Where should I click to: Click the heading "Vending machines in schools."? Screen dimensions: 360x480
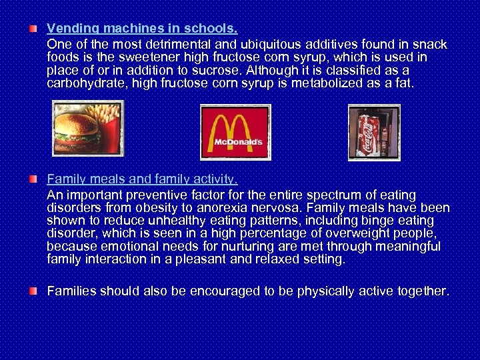click(142, 29)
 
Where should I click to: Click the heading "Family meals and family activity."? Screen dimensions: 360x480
click(142, 179)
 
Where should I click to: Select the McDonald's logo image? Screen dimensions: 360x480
click(235, 132)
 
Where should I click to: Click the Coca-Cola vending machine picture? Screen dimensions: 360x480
click(374, 133)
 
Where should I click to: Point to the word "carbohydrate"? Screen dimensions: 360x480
click(87, 83)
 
